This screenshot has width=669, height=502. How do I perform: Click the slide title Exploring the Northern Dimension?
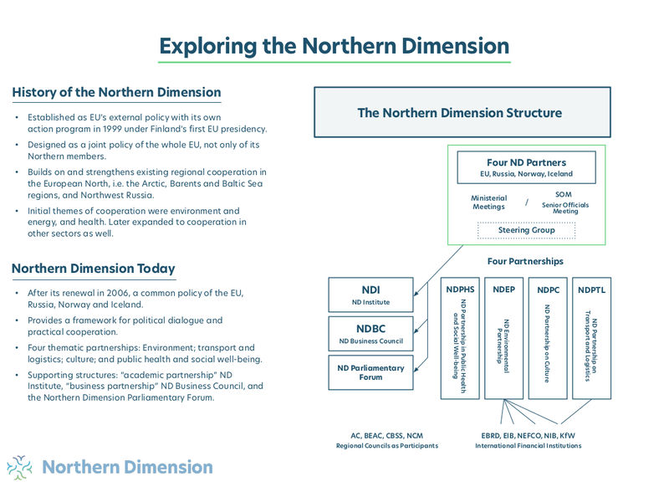[x=334, y=44]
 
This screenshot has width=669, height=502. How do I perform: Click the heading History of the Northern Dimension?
[x=116, y=92]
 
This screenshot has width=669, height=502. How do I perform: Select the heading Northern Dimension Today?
[x=94, y=269]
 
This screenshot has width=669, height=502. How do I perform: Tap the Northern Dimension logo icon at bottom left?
[x=19, y=467]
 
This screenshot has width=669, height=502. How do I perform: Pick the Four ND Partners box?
[x=526, y=166]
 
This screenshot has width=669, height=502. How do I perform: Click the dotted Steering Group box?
[x=526, y=230]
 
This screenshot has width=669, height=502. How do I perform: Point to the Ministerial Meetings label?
[x=488, y=202]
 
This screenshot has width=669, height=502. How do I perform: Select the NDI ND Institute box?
[x=370, y=295]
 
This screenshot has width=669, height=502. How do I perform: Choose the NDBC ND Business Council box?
[x=370, y=333]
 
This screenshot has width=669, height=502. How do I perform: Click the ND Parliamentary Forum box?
[x=370, y=372]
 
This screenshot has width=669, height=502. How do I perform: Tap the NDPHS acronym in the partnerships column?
[x=460, y=289]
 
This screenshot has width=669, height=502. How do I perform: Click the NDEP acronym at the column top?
[x=503, y=289]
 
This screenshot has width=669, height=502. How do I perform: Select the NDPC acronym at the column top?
[x=548, y=289]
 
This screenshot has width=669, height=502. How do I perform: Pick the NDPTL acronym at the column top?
[x=591, y=289]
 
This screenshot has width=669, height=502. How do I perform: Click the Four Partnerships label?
[x=525, y=261]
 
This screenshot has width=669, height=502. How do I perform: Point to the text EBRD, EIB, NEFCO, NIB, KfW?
[x=528, y=435]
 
